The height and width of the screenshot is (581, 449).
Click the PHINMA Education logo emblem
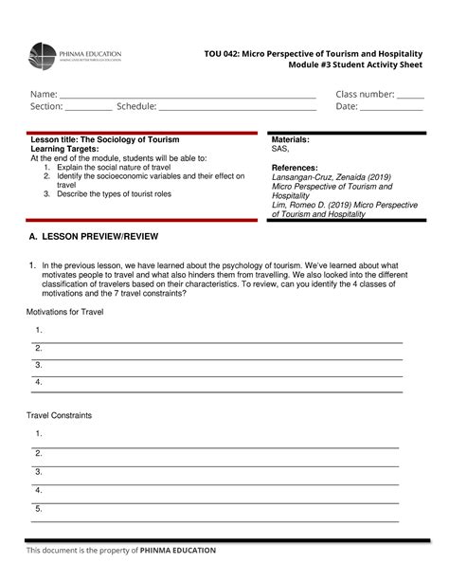(x=45, y=57)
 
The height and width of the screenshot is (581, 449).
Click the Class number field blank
(x=410, y=95)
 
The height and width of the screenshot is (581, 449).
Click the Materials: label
(x=291, y=140)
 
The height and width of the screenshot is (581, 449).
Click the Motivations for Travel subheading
(x=64, y=311)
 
